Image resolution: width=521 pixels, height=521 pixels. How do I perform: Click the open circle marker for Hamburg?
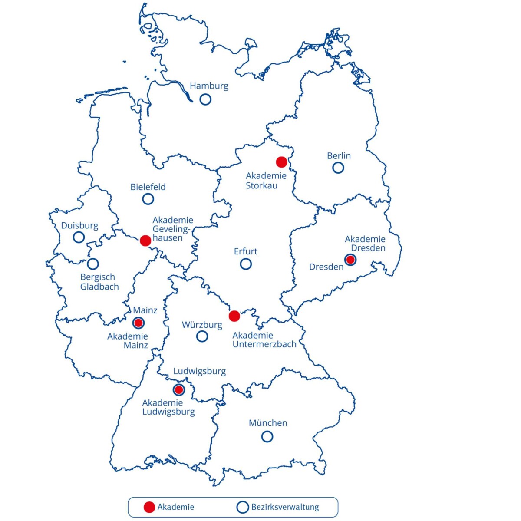(x=205, y=99)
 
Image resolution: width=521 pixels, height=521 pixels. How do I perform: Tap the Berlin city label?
(x=339, y=156)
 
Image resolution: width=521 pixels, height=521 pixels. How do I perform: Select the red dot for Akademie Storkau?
(x=281, y=162)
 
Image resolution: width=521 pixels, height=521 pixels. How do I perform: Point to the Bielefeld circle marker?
(x=148, y=199)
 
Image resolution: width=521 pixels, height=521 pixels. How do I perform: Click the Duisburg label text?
(x=79, y=226)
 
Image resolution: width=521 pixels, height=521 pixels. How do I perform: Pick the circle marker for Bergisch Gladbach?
(x=93, y=264)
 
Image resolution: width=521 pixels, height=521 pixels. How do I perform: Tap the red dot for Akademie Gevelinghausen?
(x=145, y=241)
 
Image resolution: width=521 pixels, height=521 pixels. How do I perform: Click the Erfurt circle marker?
(x=246, y=264)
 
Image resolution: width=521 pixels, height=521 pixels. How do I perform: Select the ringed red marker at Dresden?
(x=350, y=260)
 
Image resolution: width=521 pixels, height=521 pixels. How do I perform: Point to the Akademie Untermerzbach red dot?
(x=234, y=316)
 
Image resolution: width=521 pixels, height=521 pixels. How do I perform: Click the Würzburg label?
(x=202, y=325)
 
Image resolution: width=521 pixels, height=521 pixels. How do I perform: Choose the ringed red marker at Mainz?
(x=138, y=323)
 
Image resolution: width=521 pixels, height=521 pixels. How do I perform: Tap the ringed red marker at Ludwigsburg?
(x=178, y=389)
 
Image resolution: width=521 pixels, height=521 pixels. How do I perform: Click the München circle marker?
(x=267, y=436)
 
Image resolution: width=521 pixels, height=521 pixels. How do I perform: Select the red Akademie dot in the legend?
(x=149, y=507)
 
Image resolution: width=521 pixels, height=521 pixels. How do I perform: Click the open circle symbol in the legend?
(x=242, y=507)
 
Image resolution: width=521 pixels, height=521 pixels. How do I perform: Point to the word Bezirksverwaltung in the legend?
(x=285, y=507)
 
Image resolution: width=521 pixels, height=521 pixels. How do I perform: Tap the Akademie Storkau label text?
(x=266, y=181)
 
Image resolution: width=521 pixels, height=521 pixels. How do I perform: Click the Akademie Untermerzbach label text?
(x=264, y=340)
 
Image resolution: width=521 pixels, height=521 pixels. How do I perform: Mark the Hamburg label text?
(x=209, y=86)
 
